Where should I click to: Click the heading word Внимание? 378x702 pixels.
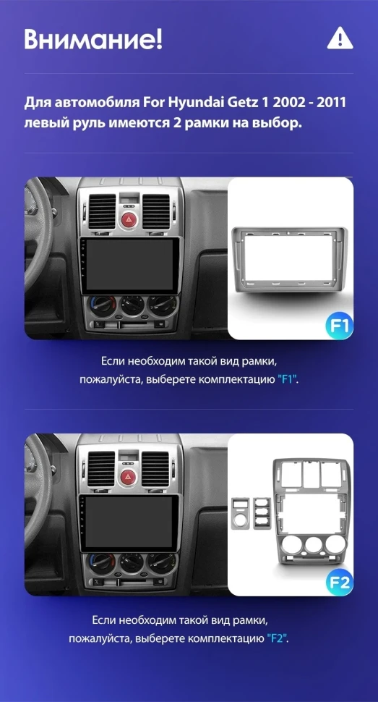(x=93, y=39)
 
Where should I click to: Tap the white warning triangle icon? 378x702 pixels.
(x=340, y=38)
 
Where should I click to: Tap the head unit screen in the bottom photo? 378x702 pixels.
(x=128, y=522)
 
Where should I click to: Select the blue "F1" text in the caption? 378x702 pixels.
(x=288, y=379)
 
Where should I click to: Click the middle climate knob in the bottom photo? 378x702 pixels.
(x=132, y=564)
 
